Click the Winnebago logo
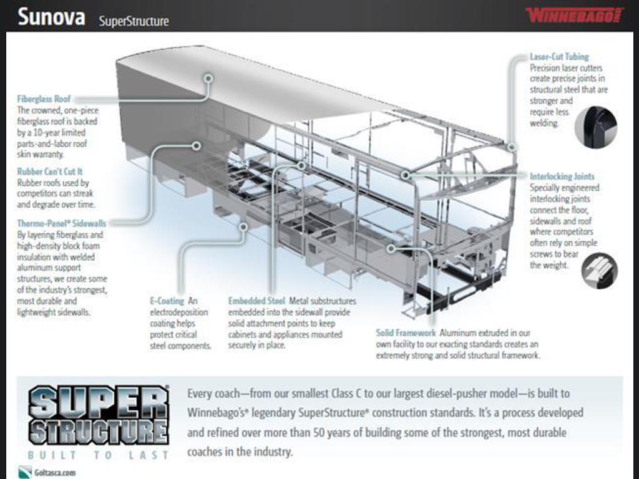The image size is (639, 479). pos(574,16)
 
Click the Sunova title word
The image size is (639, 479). pos(51,17)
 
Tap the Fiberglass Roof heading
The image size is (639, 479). pos(44,99)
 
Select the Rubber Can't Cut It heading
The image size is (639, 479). pos(50,172)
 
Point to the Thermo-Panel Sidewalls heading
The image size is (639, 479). pos(62,223)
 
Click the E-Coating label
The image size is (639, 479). pos(167,301)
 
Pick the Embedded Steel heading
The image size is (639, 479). pos(256,301)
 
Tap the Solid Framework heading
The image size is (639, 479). pos(406,333)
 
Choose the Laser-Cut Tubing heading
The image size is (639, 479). pos(559,57)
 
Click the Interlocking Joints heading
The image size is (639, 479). pos(562,177)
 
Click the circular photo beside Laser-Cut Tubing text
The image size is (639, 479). pos(596,127)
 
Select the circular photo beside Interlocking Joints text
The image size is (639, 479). pos(599,271)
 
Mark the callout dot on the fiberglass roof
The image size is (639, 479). pos(208,78)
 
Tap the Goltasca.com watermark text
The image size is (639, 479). pos(55,473)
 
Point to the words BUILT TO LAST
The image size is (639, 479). pos(98,455)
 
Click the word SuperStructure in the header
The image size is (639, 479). pos(134,21)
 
